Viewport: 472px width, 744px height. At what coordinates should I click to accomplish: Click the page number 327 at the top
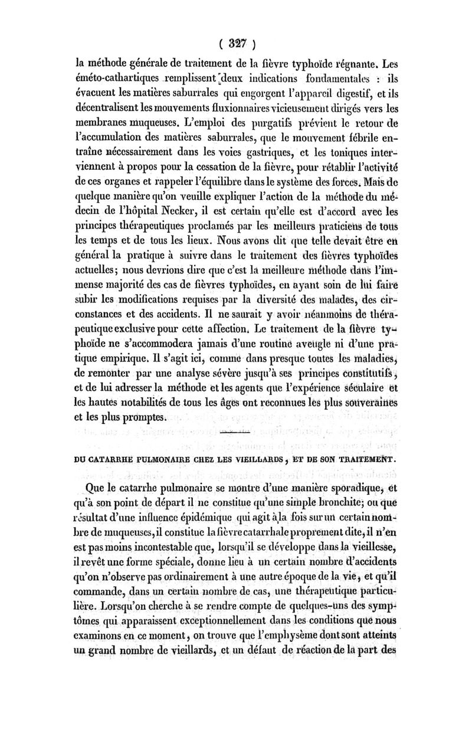coord(235,43)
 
